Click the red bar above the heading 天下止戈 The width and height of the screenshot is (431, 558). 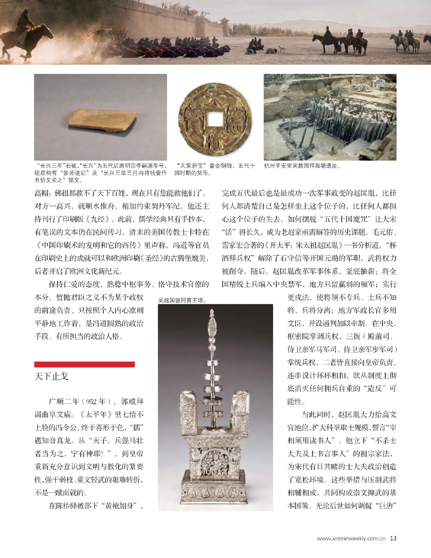pyautogui.click(x=84, y=364)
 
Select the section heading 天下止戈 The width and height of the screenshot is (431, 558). pyautogui.click(x=51, y=376)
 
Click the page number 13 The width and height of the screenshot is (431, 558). pyautogui.click(x=393, y=538)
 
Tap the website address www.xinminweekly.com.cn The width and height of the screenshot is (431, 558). pyautogui.click(x=351, y=538)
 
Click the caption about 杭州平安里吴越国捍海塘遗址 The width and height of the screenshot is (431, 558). pyautogui.click(x=302, y=166)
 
